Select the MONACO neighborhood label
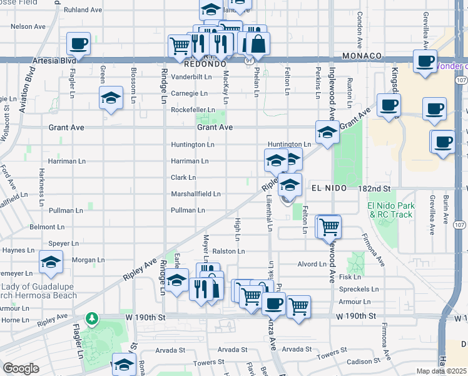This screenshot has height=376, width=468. pyautogui.click(x=362, y=56)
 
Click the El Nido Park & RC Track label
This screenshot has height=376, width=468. pyautogui.click(x=390, y=210)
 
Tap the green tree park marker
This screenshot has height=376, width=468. pyautogui.click(x=93, y=319)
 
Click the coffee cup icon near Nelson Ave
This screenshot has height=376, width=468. pyautogui.click(x=79, y=44)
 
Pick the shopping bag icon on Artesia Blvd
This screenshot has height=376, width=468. pyautogui.click(x=257, y=44)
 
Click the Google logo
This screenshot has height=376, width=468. pyautogui.click(x=21, y=368)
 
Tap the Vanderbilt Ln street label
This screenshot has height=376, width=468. pyautogui.click(x=192, y=77)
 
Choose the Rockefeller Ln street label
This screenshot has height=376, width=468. pyautogui.click(x=193, y=110)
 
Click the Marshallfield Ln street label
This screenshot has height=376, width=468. pyautogui.click(x=196, y=194)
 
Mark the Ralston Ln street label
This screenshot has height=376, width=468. pyautogui.click(x=228, y=251)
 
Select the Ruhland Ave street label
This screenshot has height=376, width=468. pyautogui.click(x=83, y=10)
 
